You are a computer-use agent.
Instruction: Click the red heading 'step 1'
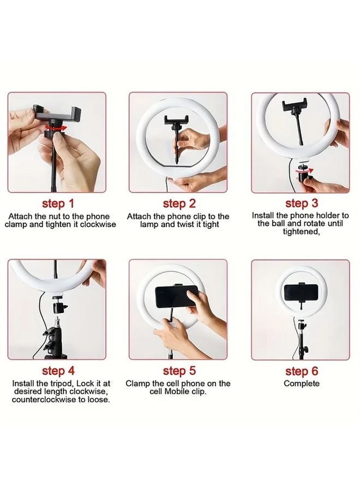(58, 203)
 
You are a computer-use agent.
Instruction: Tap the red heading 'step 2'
(179, 203)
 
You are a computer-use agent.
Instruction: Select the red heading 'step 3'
(302, 203)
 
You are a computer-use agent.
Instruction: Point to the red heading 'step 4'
(58, 371)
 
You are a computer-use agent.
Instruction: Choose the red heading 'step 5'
(179, 371)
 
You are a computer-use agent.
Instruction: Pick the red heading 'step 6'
(302, 371)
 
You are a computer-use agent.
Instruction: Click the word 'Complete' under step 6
(302, 384)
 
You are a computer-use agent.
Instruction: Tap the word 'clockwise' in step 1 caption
(98, 225)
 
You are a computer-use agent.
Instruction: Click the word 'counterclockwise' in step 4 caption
(41, 399)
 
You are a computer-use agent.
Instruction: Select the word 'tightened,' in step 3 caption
(301, 232)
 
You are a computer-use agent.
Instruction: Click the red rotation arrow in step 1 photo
(56, 128)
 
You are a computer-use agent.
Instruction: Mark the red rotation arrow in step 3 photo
(304, 171)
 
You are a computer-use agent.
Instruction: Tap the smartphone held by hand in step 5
(176, 297)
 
